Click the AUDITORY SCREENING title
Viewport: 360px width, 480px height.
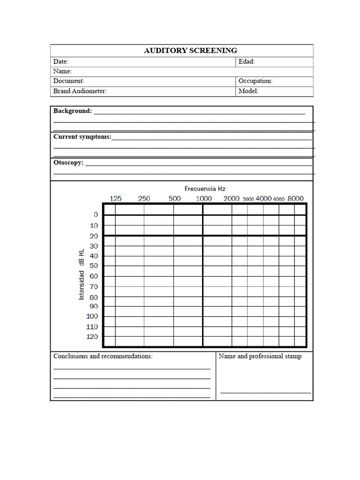(190, 51)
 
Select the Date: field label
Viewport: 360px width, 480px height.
(61, 61)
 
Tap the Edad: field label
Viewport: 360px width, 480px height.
(247, 61)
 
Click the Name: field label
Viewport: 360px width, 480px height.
(62, 71)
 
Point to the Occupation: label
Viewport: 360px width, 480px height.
(255, 81)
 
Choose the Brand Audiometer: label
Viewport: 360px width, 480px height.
(80, 91)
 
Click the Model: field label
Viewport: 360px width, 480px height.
(248, 91)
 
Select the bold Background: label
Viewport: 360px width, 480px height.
(73, 111)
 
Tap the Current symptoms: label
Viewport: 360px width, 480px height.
(82, 137)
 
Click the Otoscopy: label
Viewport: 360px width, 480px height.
(68, 163)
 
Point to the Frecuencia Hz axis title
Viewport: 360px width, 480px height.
(205, 188)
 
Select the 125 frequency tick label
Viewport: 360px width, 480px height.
(115, 199)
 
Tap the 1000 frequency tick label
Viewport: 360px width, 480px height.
(204, 199)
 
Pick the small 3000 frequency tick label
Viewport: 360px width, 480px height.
(248, 199)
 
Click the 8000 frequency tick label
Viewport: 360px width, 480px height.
(295, 199)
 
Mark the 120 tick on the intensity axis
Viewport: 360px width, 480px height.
(92, 337)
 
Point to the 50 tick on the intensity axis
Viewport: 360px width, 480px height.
(94, 266)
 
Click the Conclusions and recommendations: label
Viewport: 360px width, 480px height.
(103, 356)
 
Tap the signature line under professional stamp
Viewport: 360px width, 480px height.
(265, 393)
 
